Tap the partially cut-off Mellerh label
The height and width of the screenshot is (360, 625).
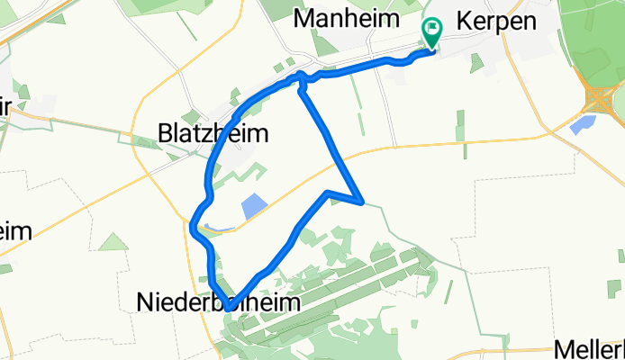pyautogui.click(x=590, y=348)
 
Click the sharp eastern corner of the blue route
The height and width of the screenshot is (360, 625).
pyautogui.click(x=361, y=202)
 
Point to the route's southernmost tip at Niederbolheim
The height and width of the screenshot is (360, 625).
pyautogui.click(x=231, y=308)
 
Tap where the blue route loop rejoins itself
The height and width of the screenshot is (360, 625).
pyautogui.click(x=300, y=80)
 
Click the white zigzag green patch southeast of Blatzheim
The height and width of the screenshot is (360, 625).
pyautogui.click(x=248, y=176)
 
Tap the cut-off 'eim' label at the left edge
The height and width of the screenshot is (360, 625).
pyautogui.click(x=16, y=231)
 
